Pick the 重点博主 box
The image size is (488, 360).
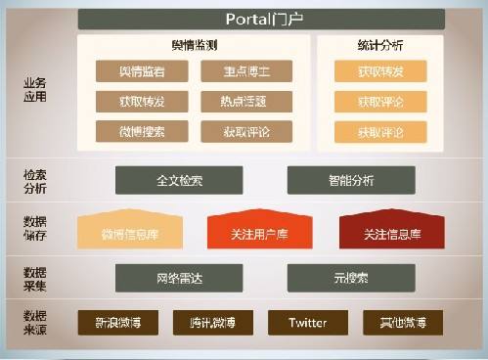pyautogui.click(x=232, y=71)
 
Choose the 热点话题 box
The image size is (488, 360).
pyautogui.click(x=232, y=102)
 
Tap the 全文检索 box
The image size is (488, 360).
pyautogui.click(x=179, y=180)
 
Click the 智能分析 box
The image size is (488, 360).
pyautogui.click(x=351, y=180)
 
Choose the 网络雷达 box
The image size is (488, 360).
pyautogui.click(x=179, y=277)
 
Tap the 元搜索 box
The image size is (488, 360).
pyautogui.click(x=351, y=277)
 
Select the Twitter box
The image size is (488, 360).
pyautogui.click(x=307, y=322)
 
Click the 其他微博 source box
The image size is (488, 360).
pyautogui.click(x=402, y=322)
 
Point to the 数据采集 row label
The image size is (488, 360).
pyautogui.click(x=34, y=277)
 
